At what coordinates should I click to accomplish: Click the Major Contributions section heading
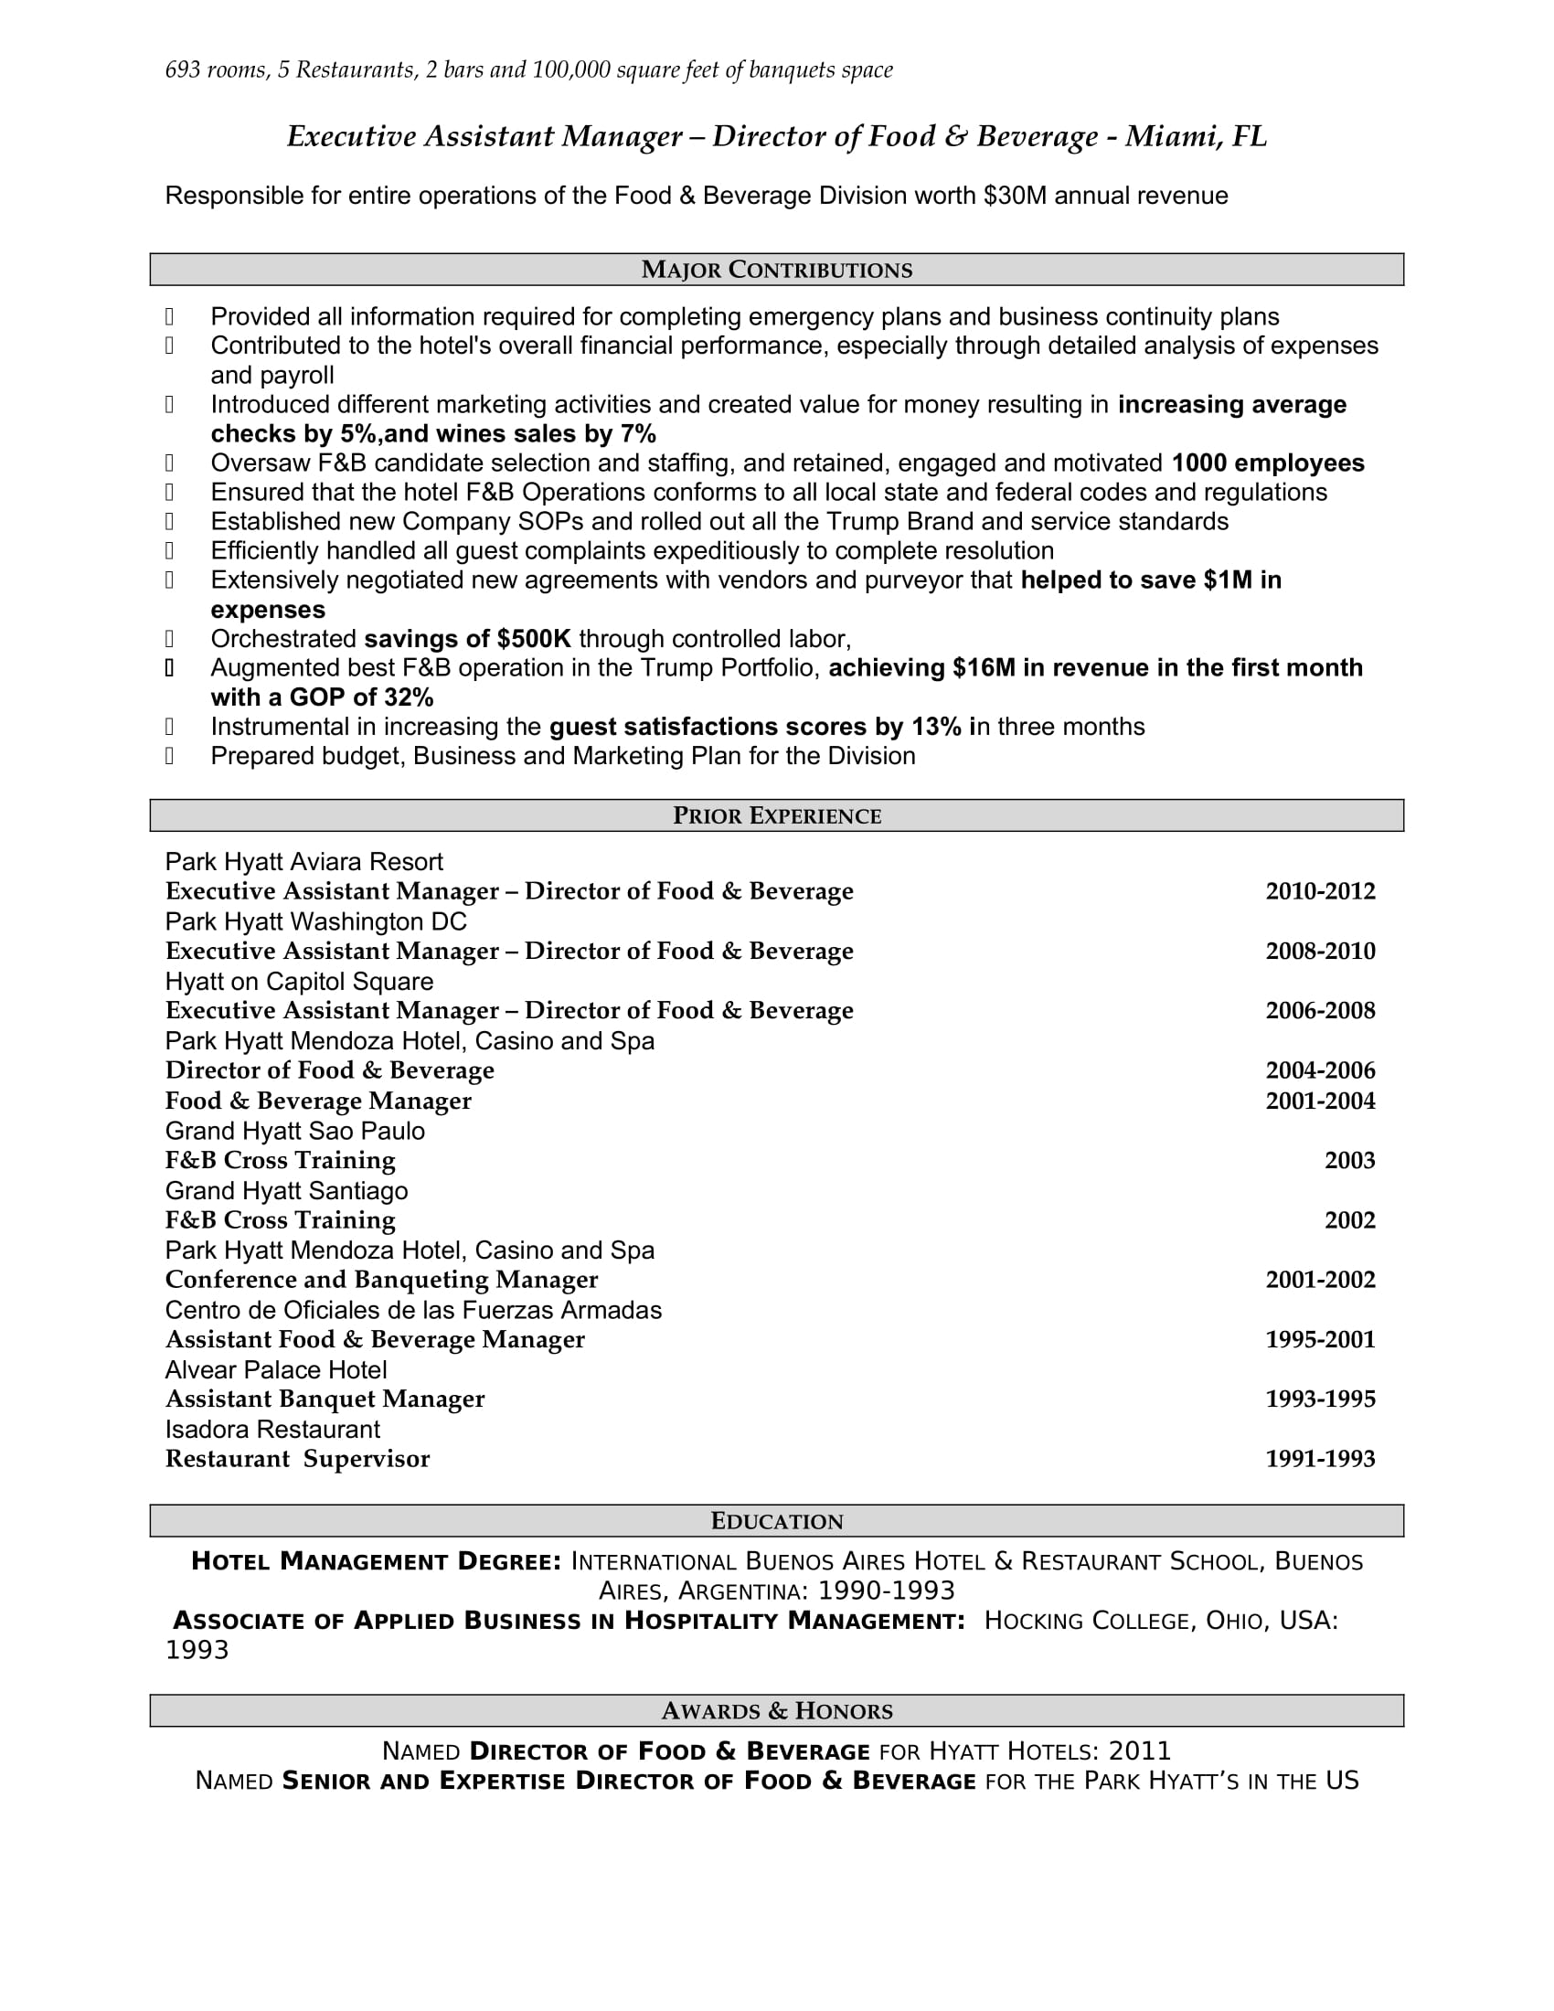point(776,270)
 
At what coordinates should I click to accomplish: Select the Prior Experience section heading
point(776,815)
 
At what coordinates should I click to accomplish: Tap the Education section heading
point(776,1521)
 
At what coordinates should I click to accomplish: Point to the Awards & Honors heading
point(776,1711)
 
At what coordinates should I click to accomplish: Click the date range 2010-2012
point(1319,891)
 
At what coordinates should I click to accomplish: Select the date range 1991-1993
point(1319,1459)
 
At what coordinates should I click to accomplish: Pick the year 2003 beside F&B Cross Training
point(1348,1160)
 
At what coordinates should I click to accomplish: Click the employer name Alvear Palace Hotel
point(275,1370)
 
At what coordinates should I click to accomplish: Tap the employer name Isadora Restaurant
point(271,1429)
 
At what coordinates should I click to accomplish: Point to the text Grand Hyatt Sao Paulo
point(294,1131)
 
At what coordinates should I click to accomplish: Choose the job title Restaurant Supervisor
point(296,1459)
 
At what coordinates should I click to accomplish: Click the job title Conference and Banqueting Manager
point(381,1280)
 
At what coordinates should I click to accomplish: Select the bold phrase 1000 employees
point(1267,463)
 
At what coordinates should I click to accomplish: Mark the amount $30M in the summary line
point(1015,197)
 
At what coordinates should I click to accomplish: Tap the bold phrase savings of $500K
point(467,639)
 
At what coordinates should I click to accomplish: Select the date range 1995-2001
point(1319,1340)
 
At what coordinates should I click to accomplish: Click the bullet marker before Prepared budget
point(169,756)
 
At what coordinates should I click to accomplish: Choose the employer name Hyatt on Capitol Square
point(298,982)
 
